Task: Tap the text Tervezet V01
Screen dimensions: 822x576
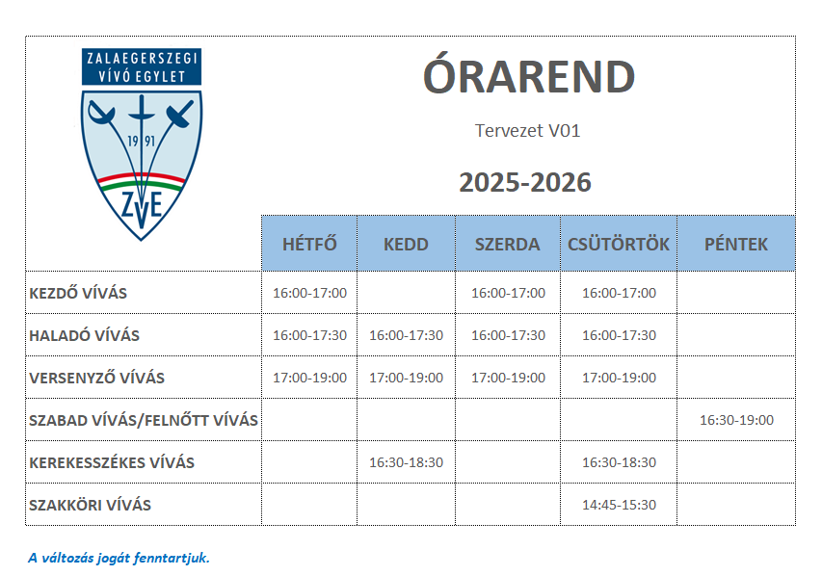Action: coord(527,130)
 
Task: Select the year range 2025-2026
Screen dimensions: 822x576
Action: coord(525,182)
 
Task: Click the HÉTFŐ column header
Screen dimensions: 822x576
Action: coord(309,244)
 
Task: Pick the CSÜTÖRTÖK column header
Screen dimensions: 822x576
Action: coord(619,244)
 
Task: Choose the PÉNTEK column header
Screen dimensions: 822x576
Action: coord(736,244)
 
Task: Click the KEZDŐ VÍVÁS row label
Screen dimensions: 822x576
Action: coord(78,293)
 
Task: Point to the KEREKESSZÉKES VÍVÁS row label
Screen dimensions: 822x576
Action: coord(112,462)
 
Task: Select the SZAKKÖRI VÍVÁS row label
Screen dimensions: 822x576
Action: coord(91,505)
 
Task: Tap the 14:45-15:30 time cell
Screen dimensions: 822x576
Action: coord(619,505)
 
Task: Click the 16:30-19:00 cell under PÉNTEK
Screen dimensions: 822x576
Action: coord(736,420)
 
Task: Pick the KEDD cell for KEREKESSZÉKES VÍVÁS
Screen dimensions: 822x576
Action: coord(406,462)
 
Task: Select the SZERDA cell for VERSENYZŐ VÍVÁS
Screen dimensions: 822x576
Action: coord(508,378)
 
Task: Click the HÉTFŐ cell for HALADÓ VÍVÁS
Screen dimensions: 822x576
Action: coord(309,335)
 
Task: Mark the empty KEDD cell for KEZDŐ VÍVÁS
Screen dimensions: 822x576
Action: coord(407,293)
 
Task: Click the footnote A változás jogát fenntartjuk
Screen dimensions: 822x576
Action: coord(119,558)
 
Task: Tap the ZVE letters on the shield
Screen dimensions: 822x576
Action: coord(142,205)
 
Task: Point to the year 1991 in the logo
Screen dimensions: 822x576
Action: coord(142,141)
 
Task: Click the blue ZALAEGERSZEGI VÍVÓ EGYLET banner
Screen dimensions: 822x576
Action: coord(142,66)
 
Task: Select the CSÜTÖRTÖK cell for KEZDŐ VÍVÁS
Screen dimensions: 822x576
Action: coord(619,293)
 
